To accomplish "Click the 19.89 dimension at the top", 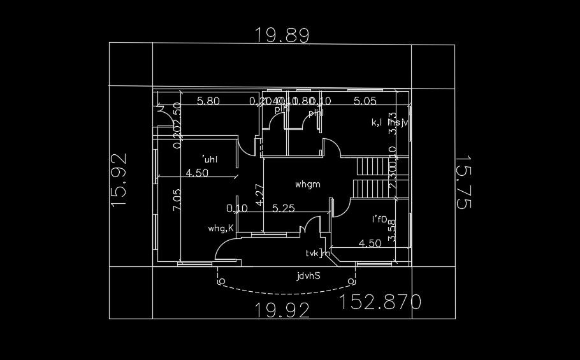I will tap(282, 34).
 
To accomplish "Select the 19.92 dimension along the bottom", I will tap(282, 310).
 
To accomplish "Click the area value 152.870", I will tap(381, 301).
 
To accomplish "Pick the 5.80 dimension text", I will tap(208, 101).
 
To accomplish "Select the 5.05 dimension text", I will tap(366, 101).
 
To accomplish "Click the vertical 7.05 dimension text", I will tap(177, 200).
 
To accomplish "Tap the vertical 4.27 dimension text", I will tap(259, 194).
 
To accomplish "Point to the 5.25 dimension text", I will tap(283, 208).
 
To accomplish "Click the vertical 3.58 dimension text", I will tap(392, 230).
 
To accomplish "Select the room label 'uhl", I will tap(209, 159).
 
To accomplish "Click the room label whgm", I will tap(307, 185).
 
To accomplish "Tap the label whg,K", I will tap(221, 227).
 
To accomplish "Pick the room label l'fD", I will tap(380, 220).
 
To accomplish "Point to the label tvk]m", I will tap(317, 253).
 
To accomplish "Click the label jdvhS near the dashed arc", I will tap(308, 277).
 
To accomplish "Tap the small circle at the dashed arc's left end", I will tap(221, 280).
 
